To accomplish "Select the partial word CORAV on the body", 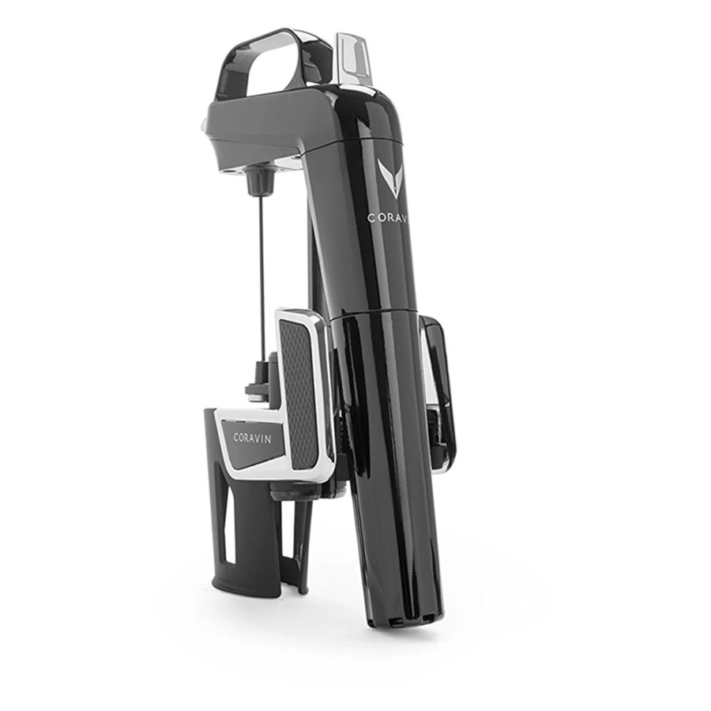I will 387,218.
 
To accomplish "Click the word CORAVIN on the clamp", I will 252,437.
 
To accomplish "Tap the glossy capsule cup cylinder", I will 391,458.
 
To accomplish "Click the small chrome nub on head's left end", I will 204,124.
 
